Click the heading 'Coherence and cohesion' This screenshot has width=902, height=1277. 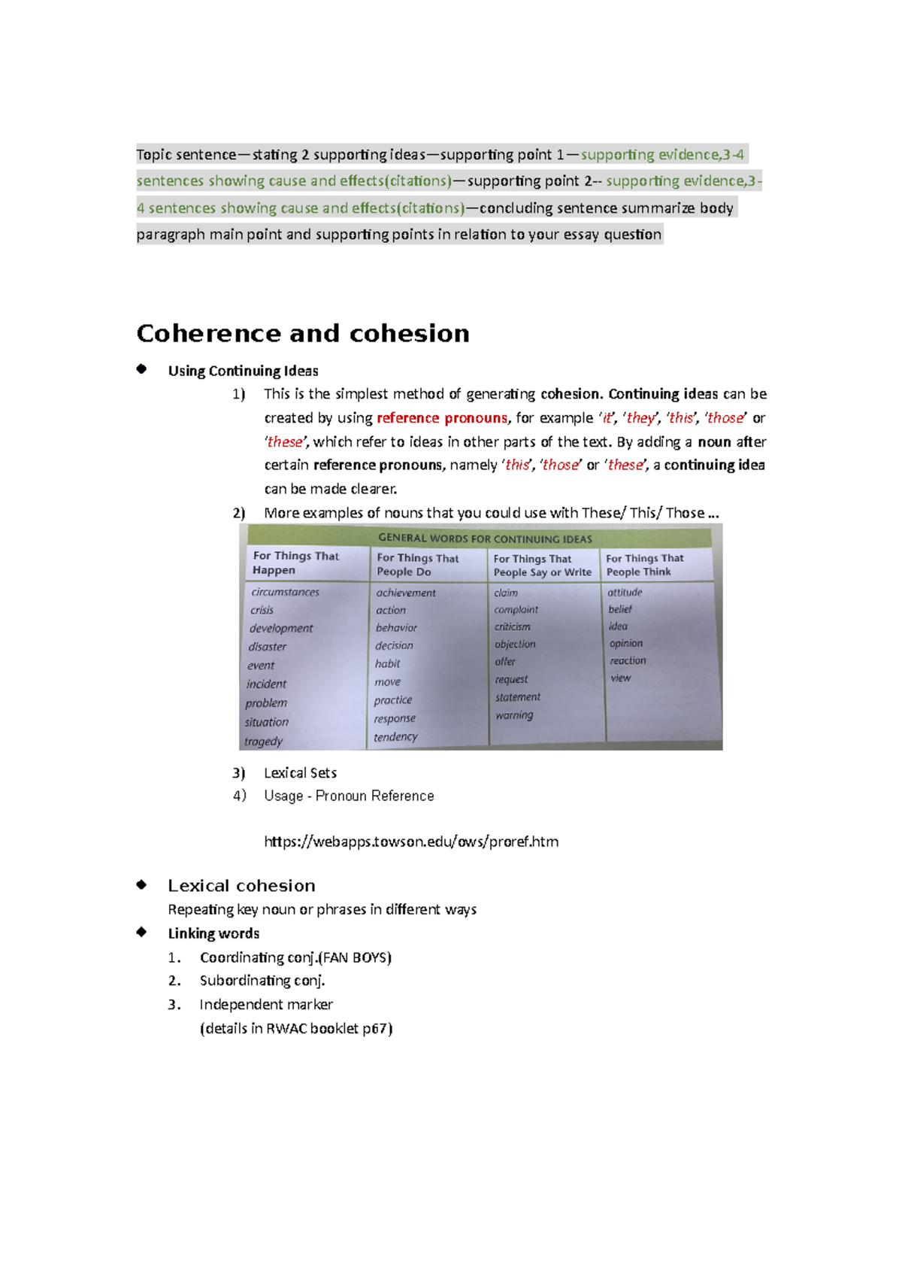302,333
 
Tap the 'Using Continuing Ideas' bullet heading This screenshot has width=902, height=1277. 243,371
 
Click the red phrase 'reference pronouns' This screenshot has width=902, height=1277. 442,418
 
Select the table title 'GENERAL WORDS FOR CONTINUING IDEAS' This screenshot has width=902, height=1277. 485,538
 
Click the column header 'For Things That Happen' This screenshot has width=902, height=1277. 295,563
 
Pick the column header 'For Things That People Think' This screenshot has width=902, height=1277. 645,565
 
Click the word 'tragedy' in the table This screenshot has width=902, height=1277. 263,742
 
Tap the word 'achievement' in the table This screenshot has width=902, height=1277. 406,593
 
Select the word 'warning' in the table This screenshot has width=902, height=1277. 514,715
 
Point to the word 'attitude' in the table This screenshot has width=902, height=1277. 625,593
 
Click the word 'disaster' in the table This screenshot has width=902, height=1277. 268,647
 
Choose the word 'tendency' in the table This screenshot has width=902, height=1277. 395,737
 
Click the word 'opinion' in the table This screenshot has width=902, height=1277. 626,644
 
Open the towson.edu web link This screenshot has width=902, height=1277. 411,842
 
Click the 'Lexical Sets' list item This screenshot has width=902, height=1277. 300,773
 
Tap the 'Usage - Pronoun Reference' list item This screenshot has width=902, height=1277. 349,796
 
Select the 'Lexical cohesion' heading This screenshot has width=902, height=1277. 241,886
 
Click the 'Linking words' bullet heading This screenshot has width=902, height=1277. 213,933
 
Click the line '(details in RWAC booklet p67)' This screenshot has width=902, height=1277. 296,1028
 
